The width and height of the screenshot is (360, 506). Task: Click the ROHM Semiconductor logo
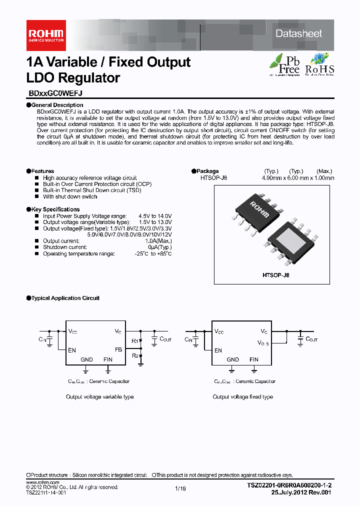pyautogui.click(x=45, y=34)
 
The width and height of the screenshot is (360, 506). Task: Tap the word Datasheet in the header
pyautogui.click(x=299, y=33)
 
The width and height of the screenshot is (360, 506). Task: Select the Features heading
pyautogui.click(x=42, y=171)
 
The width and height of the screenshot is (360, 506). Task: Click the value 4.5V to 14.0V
pyautogui.click(x=155, y=216)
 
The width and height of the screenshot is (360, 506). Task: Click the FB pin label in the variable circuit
pyautogui.click(x=118, y=349)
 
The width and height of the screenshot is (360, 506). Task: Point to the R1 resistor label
pyautogui.click(x=134, y=341)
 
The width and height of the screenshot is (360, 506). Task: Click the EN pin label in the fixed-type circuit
pyautogui.click(x=218, y=350)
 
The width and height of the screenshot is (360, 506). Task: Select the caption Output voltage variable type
pyautogui.click(x=100, y=396)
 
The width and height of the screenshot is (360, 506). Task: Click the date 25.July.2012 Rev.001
pyautogui.click(x=301, y=492)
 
